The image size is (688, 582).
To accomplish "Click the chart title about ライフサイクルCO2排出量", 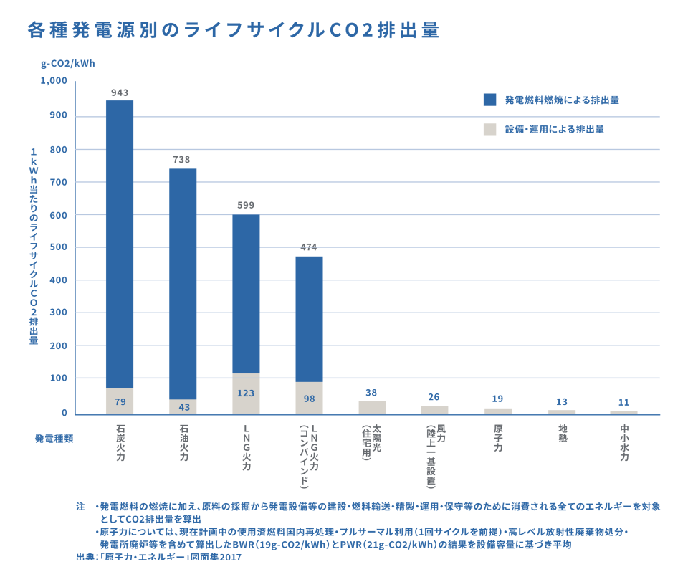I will pyautogui.click(x=233, y=30).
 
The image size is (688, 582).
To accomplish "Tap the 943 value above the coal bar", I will pyautogui.click(x=120, y=92).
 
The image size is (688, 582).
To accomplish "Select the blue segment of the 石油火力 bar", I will pyautogui.click(x=183, y=283).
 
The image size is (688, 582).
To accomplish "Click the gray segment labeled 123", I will pyautogui.click(x=246, y=393).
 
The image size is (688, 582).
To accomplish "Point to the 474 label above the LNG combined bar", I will pyautogui.click(x=309, y=248).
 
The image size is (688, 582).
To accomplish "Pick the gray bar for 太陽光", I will pyautogui.click(x=372, y=407).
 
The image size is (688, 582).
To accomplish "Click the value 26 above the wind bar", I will pyautogui.click(x=434, y=397).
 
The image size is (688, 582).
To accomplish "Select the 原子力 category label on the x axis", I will pyautogui.click(x=498, y=438).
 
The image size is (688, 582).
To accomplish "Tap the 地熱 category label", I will pyautogui.click(x=561, y=434).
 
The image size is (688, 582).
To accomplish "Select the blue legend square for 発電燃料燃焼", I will pyautogui.click(x=490, y=100).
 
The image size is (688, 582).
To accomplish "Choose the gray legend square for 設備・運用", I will pyautogui.click(x=490, y=130).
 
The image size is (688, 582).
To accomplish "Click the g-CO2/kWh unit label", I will pyautogui.click(x=68, y=62).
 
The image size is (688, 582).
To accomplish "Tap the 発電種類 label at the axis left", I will pyautogui.click(x=54, y=437).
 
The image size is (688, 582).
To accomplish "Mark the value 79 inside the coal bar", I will pyautogui.click(x=120, y=401).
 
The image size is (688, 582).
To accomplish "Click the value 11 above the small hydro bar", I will pyautogui.click(x=623, y=403).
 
